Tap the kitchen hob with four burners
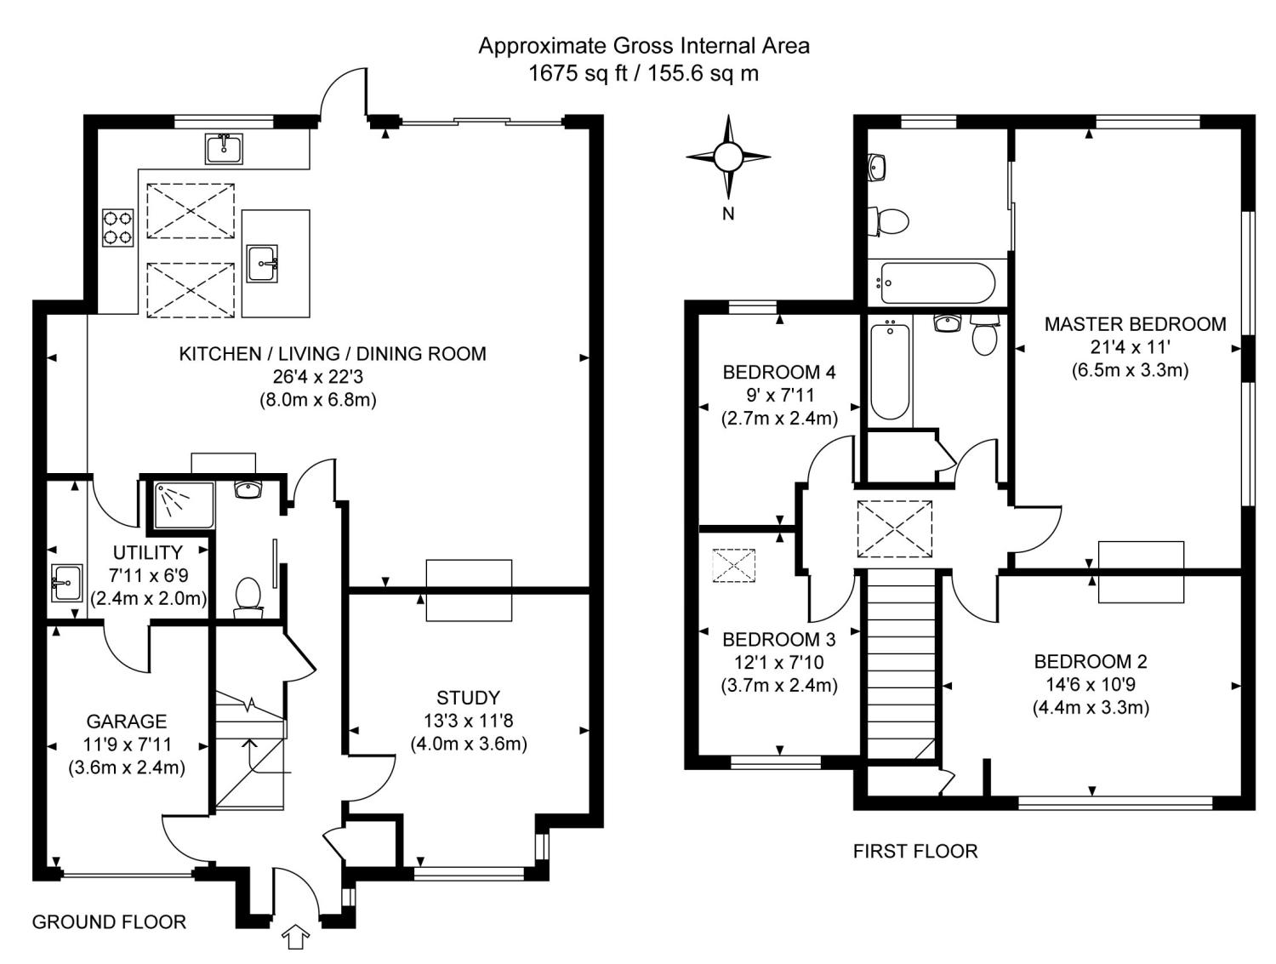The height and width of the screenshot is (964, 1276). point(118,227)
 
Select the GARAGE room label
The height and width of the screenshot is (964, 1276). point(126,722)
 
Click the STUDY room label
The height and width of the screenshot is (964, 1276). point(468,698)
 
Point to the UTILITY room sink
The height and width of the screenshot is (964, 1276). point(66,583)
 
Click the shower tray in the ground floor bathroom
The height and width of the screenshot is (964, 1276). point(185,505)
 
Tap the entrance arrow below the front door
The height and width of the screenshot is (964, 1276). point(295,937)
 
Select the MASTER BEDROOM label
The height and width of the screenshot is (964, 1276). point(1136,324)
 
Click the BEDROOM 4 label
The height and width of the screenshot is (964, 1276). point(779,372)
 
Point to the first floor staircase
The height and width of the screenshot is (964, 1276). point(901,665)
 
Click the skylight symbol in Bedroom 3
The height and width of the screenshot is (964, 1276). point(733,565)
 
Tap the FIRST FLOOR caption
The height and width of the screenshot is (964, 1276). point(915,851)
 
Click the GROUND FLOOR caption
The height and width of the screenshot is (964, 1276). point(109,922)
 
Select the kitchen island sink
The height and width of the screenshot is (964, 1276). point(262,264)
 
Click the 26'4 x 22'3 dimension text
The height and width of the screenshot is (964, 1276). point(318,377)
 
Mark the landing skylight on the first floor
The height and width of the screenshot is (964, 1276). point(894,529)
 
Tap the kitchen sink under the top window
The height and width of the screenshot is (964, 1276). point(224,149)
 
